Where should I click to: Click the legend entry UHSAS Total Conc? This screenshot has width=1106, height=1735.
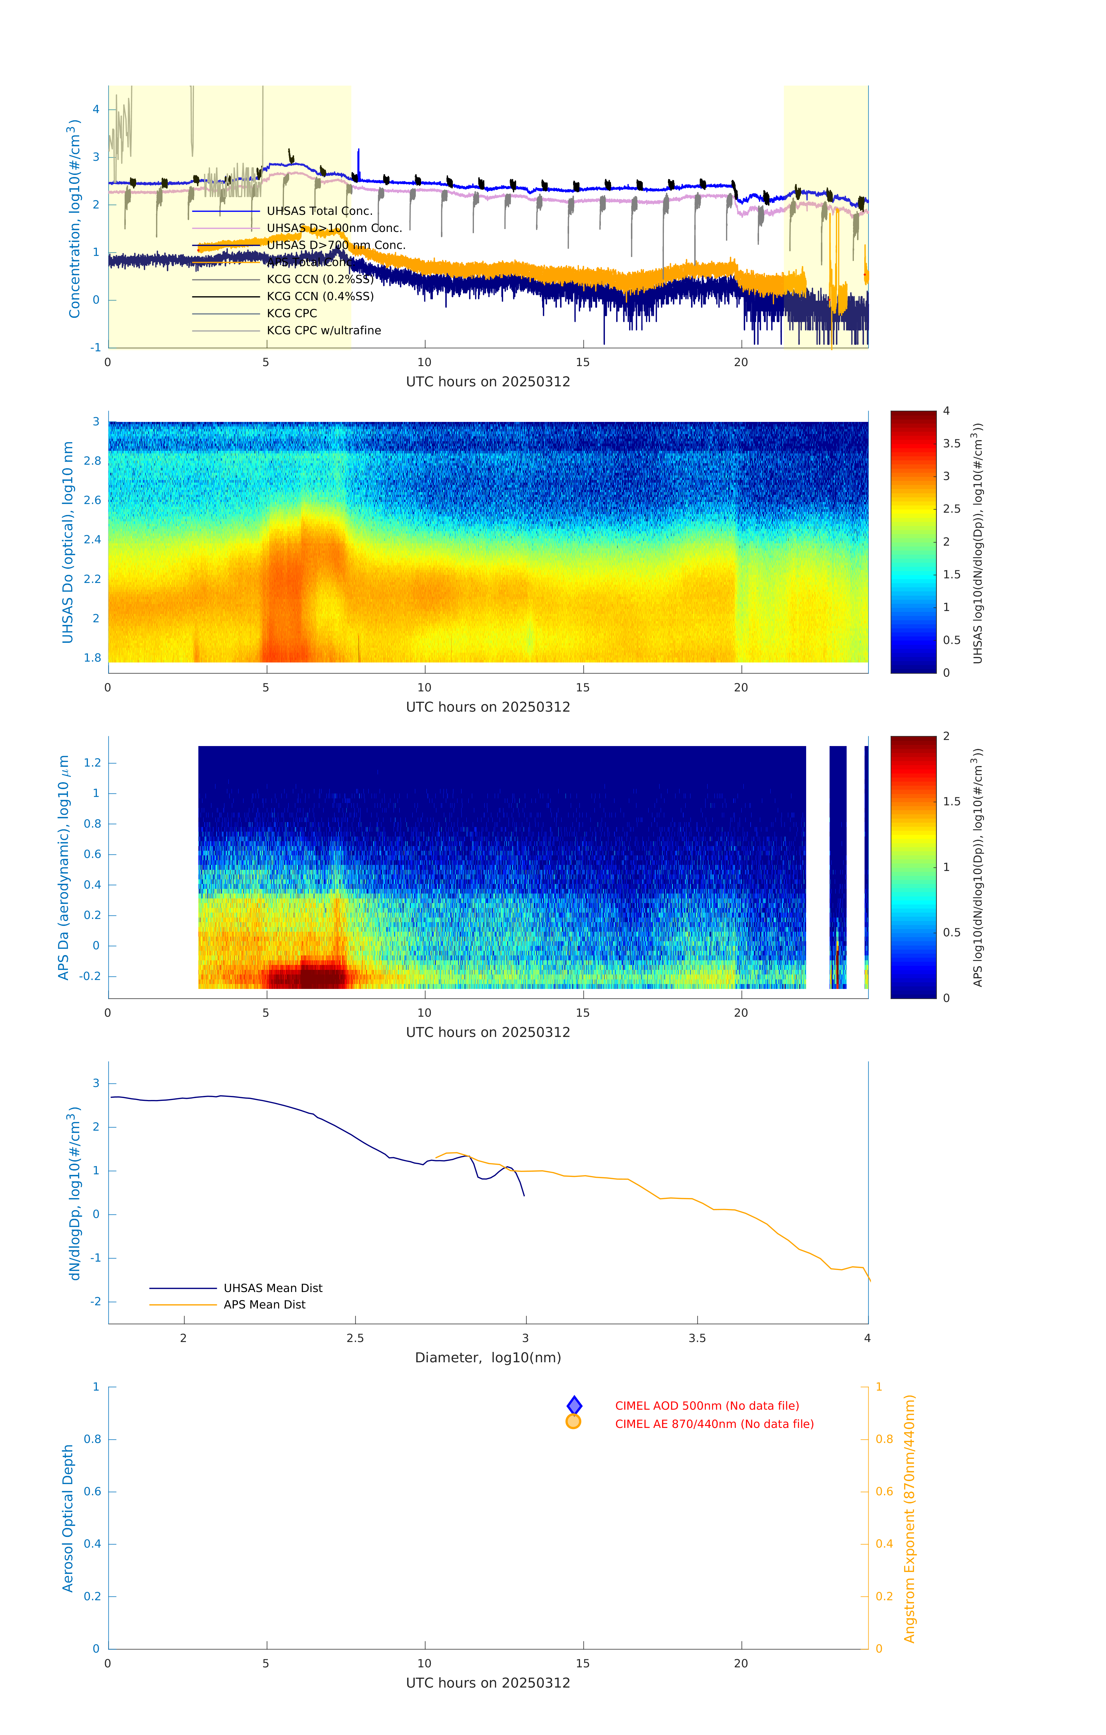(319, 211)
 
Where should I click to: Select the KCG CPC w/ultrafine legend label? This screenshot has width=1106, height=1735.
(324, 331)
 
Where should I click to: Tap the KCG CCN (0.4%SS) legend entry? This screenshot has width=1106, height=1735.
(320, 296)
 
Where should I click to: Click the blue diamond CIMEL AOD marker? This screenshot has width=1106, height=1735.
(574, 1405)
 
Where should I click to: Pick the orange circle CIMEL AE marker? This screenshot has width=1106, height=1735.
(574, 1422)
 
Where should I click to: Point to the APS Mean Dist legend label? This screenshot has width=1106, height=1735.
(265, 1305)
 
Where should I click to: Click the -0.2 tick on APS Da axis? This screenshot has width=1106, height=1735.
(91, 976)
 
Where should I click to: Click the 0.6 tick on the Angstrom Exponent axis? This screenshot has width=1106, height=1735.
(884, 1492)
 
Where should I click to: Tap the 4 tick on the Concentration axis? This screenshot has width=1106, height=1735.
(96, 110)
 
